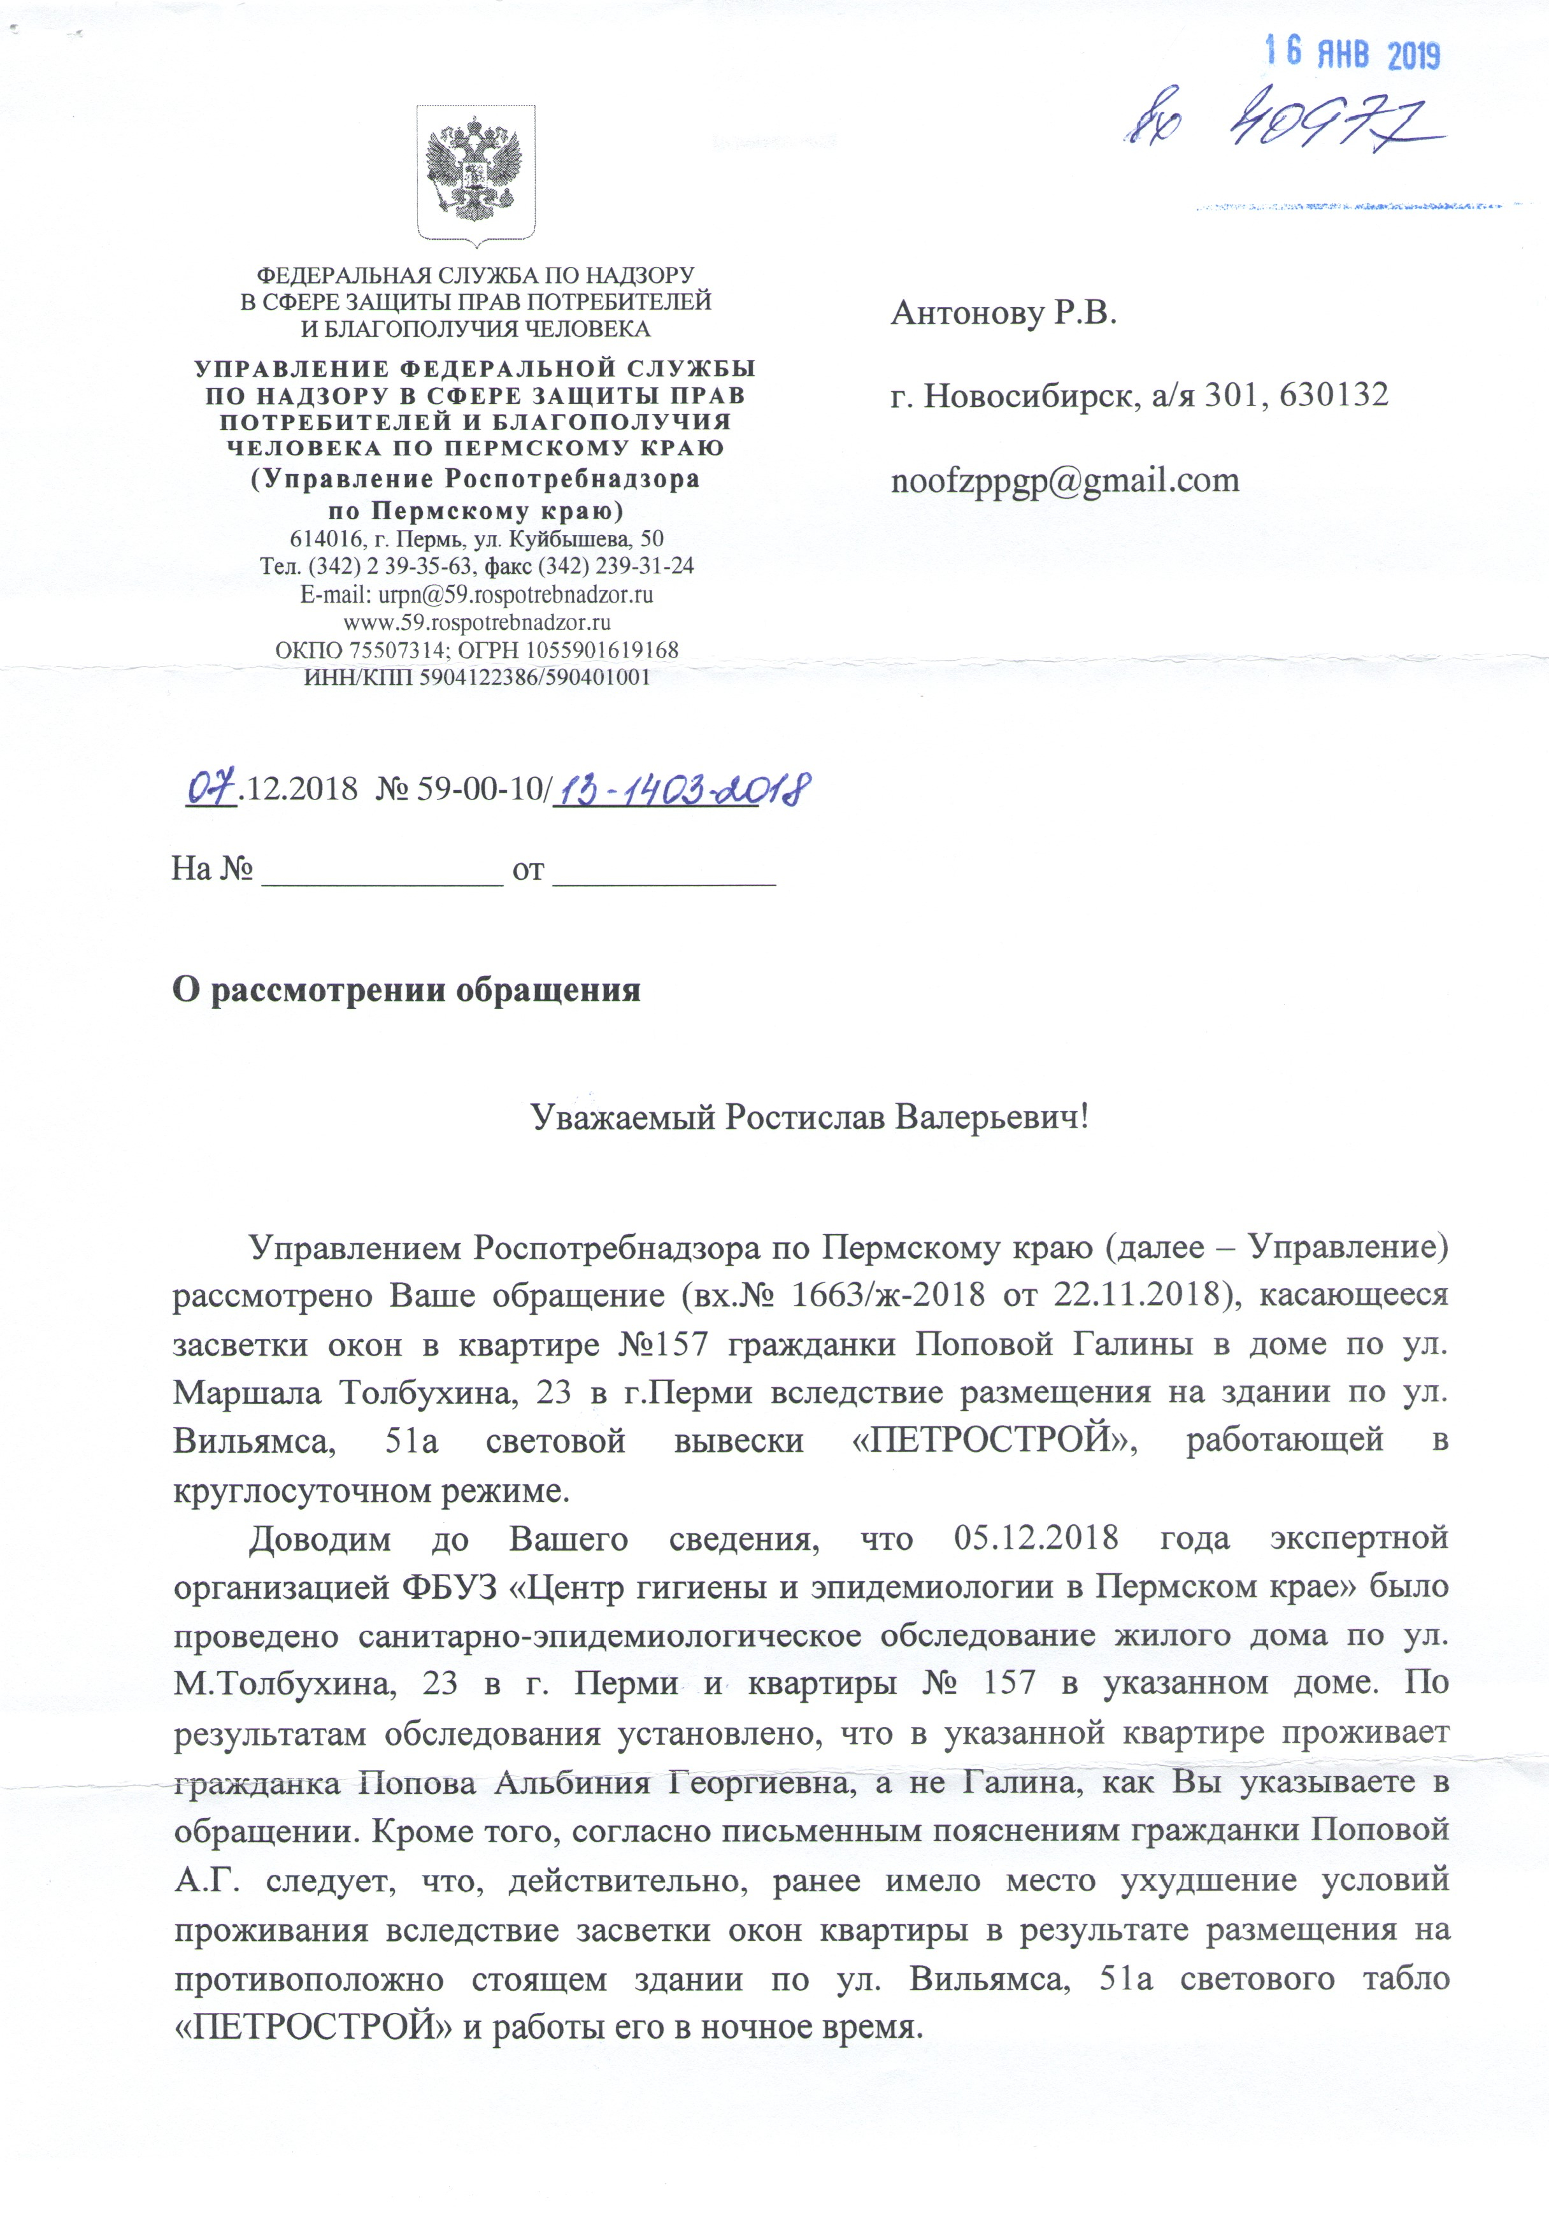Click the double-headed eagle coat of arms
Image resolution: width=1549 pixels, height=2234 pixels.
[476, 173]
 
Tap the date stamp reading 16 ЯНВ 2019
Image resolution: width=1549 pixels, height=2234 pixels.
[1352, 54]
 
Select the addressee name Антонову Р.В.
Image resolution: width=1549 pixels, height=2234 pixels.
[1004, 313]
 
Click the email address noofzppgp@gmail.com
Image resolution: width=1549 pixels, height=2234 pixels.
[1065, 480]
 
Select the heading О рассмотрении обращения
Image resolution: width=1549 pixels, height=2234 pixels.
[406, 990]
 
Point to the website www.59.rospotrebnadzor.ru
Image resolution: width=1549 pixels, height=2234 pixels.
[476, 622]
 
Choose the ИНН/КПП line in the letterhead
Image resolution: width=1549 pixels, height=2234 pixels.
[476, 677]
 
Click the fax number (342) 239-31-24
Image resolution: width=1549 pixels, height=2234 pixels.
[608, 566]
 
